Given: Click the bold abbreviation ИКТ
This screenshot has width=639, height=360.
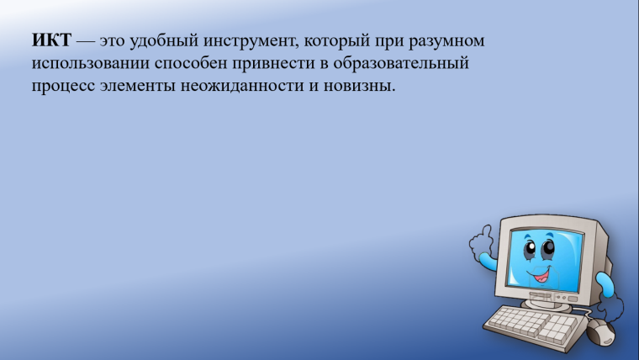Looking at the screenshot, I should pyautogui.click(x=52, y=41).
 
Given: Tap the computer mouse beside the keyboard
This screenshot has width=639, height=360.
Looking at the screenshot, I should pyautogui.click(x=599, y=332).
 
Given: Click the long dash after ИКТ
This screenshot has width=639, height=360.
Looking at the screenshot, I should pyautogui.click(x=87, y=42).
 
